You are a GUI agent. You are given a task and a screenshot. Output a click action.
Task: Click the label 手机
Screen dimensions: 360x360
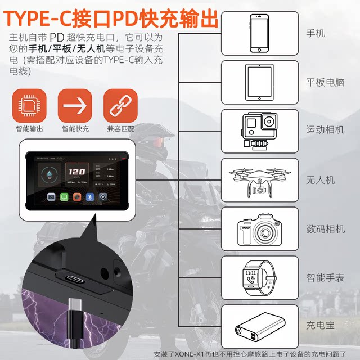tap(316, 33)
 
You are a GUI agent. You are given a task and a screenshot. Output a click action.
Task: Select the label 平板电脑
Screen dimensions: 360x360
tap(325, 82)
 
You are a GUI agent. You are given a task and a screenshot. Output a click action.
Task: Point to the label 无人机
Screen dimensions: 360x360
tap(320, 179)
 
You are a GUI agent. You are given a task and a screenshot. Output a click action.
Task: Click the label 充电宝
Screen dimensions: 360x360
tap(320, 325)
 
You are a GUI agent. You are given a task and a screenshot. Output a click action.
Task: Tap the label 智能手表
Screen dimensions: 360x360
tap(325, 277)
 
